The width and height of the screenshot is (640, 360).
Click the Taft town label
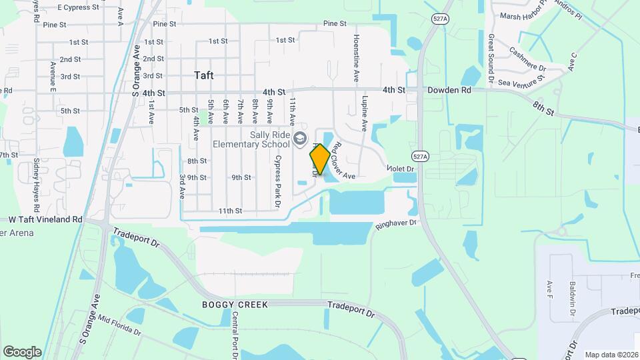click(x=204, y=75)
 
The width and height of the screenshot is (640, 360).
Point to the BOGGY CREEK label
click(x=235, y=305)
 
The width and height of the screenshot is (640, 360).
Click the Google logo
click(x=22, y=351)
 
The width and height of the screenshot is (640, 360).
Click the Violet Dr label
click(x=401, y=169)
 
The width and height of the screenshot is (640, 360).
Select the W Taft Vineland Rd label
click(x=45, y=219)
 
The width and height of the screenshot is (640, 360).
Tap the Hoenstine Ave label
click(x=357, y=58)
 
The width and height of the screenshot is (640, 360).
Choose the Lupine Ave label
click(x=365, y=113)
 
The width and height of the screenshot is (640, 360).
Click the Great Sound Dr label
click(x=491, y=59)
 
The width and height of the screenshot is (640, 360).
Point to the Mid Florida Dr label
click(x=119, y=323)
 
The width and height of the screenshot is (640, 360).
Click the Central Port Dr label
click(x=235, y=337)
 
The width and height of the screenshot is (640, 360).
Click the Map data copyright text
click(x=611, y=355)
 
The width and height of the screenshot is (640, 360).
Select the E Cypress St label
click(x=78, y=7)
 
